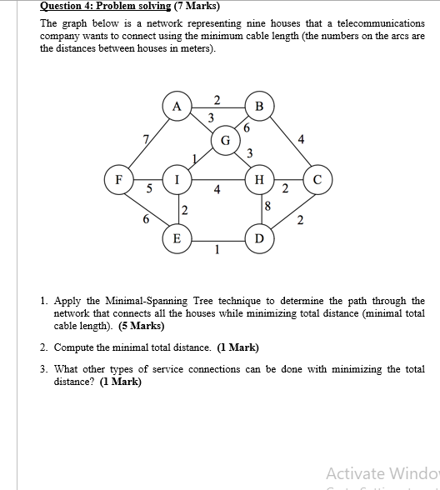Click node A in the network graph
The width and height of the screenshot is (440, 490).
[x=176, y=106]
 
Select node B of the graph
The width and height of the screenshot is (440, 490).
[x=259, y=106]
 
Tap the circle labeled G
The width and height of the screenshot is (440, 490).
[x=225, y=138]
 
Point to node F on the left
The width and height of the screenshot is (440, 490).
[x=118, y=178]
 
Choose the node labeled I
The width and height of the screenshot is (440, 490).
[x=176, y=178]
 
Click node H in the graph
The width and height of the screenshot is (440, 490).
[x=259, y=178]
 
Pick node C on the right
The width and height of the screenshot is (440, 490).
[x=317, y=178]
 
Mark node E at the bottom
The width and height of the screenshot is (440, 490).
[x=176, y=238]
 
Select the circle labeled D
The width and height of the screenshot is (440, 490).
[x=259, y=238]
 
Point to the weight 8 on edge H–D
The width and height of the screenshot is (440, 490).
[x=267, y=205]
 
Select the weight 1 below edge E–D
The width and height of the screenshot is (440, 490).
[x=217, y=249]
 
